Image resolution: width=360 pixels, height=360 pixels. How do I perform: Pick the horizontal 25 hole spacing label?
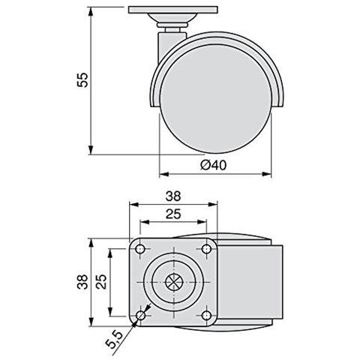click(173, 214)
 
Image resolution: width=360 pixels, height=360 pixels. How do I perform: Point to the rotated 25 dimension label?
click(100, 283)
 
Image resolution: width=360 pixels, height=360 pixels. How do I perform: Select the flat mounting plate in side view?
click(171, 10)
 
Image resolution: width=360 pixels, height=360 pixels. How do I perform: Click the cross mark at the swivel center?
click(173, 283)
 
